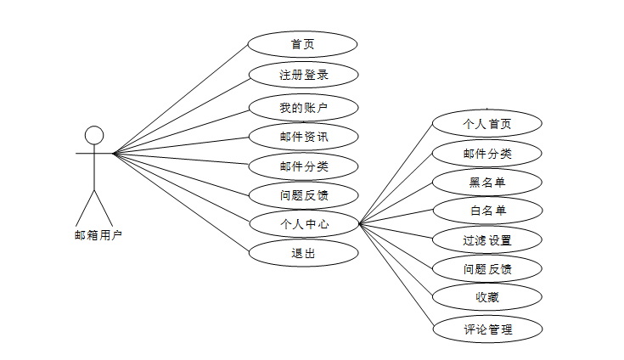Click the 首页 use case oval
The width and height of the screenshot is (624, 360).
point(303,44)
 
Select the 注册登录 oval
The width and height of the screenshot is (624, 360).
point(303,75)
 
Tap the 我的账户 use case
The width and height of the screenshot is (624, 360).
point(303,107)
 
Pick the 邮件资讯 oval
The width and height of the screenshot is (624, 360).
point(303,136)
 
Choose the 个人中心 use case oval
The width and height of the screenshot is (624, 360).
point(303,224)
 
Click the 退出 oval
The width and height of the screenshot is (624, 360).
point(303,252)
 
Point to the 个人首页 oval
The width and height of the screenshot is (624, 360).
point(486,123)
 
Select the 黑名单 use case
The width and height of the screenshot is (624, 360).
point(486,182)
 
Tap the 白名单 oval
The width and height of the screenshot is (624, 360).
point(486,210)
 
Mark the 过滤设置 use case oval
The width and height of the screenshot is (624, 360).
point(486,239)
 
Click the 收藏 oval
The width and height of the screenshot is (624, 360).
point(486,297)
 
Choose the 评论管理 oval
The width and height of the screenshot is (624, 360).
point(486,328)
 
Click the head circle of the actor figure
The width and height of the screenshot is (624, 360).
point(94,135)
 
